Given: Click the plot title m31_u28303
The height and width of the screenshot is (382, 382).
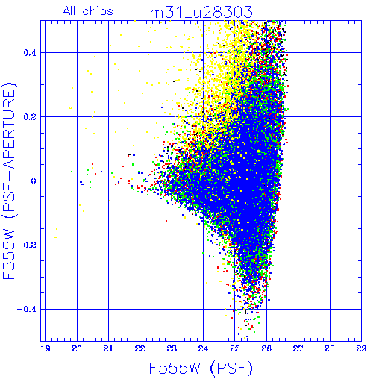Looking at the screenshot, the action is coord(201,12).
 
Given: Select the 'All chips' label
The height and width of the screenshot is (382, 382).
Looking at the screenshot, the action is coord(88,11).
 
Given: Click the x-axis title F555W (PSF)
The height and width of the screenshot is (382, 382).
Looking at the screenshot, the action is coord(201,368).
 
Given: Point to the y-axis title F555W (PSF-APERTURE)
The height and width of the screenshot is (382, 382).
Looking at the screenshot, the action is coord(9,181).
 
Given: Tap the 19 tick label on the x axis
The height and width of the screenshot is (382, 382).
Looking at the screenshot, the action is coord(45,348).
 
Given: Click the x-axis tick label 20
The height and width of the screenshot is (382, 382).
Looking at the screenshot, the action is coord(77,348).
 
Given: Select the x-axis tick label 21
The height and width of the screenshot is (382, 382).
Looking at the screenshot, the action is coord(108,348).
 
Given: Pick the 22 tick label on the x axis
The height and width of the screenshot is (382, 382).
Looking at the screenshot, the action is coord(140,348).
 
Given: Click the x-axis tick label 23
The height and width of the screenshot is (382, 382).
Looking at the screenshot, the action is coord(172,348).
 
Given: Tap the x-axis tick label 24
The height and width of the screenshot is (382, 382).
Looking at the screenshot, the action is coord(203,348).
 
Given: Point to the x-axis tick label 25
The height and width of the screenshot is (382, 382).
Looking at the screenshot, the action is coord(234,348).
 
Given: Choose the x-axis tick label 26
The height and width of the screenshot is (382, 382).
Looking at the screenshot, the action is coord(266,348).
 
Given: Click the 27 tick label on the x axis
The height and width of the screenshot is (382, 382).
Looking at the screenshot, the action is coord(298,348).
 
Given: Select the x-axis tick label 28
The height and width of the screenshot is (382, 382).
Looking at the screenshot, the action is coord(330,348).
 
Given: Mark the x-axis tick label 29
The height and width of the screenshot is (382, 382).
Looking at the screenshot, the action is coord(361,348).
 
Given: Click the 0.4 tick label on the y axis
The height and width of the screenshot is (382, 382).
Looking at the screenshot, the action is coord(30,53).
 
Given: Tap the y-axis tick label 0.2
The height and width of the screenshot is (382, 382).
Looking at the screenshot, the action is coord(30,117).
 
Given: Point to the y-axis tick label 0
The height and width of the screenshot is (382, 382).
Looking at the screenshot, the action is coord(34,181).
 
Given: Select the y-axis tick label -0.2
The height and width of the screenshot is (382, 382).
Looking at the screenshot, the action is coord(26,245).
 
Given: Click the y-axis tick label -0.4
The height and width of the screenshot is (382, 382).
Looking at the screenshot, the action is coord(26,310).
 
